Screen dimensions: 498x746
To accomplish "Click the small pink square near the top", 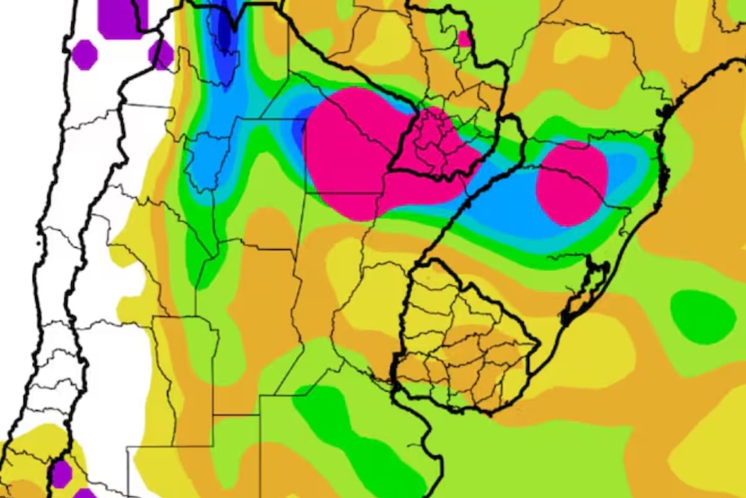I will (x=464, y=39).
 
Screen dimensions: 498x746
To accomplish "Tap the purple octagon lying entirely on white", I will (x=85, y=55).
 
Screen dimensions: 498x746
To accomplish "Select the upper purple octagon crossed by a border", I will (x=161, y=54).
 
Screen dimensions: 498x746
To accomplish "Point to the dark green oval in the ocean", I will (x=702, y=316).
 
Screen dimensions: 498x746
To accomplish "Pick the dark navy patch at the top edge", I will (x=223, y=28).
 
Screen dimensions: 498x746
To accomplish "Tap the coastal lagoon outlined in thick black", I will (x=587, y=289).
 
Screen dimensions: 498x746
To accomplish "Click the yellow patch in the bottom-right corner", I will (x=715, y=454).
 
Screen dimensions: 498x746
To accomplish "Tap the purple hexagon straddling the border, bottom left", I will (x=61, y=473).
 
